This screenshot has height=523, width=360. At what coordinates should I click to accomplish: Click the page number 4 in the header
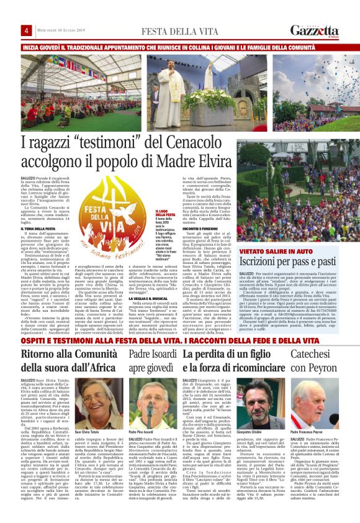[27, 31]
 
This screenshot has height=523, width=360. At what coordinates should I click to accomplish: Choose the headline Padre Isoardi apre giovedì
[153, 363]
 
